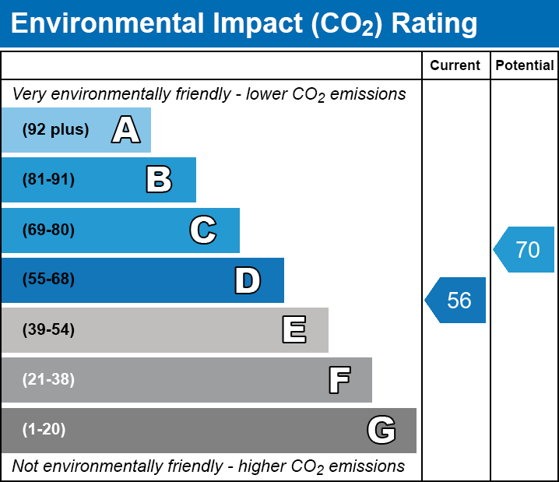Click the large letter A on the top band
pyautogui.click(x=126, y=130)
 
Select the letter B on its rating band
pyautogui.click(x=159, y=180)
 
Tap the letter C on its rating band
pyautogui.click(x=203, y=230)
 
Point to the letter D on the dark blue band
pyautogui.click(x=248, y=280)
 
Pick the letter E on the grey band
pyautogui.click(x=294, y=330)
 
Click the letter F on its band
pyautogui.click(x=339, y=380)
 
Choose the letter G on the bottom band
pyautogui.click(x=381, y=430)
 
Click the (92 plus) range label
pyautogui.click(x=55, y=130)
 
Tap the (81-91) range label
pyautogui.click(x=49, y=180)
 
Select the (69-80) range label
pyautogui.click(x=49, y=230)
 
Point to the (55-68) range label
pyautogui.click(x=49, y=280)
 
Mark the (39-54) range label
pyautogui.click(x=49, y=330)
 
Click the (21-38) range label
pyautogui.click(x=49, y=380)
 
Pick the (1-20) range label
pyautogui.click(x=44, y=430)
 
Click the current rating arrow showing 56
pyautogui.click(x=456, y=300)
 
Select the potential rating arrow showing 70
pyautogui.click(x=525, y=250)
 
